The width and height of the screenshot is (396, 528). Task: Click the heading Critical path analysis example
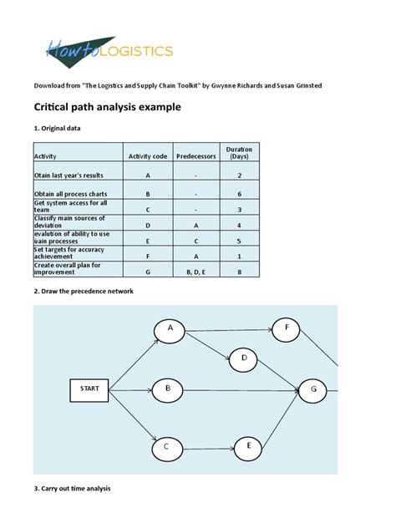tap(106, 108)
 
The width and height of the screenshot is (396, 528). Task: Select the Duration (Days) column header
tap(239, 153)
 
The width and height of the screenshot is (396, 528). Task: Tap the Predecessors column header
tap(196, 156)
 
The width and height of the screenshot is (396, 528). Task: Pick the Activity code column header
tap(148, 156)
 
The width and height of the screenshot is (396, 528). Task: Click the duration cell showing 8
tap(239, 271)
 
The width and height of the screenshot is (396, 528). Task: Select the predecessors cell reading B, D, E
tap(196, 271)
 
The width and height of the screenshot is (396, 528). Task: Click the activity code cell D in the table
tap(148, 225)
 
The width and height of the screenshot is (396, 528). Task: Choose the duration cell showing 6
tap(239, 194)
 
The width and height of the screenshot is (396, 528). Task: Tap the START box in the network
tap(89, 388)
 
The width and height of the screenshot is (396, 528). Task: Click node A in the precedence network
tap(170, 329)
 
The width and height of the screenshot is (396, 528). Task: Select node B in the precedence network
tap(168, 388)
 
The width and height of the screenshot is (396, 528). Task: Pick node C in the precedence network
tap(167, 448)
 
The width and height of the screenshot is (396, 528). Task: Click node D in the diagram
tap(244, 358)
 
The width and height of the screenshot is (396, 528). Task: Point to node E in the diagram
tap(248, 448)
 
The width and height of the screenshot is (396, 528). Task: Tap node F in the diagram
tap(287, 327)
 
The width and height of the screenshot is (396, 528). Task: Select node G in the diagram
tap(313, 388)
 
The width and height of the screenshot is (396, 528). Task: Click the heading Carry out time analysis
tap(72, 488)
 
